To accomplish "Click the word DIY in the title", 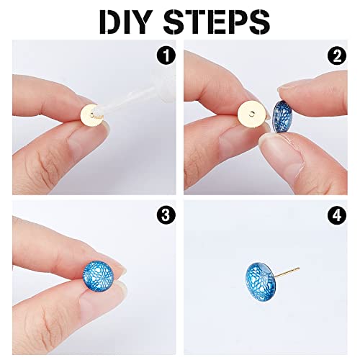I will pyautogui.click(x=127, y=22).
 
